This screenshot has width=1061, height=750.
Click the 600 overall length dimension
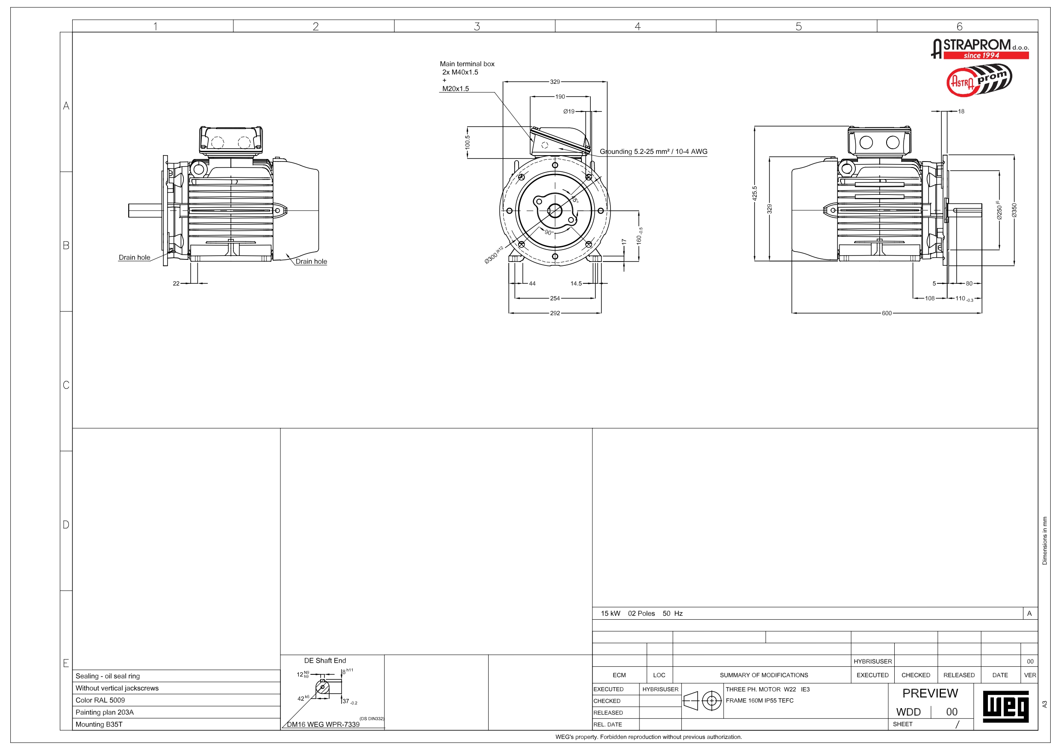point(886,313)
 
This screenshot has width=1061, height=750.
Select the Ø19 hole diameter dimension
point(569,112)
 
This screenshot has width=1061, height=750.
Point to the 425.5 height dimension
point(754,193)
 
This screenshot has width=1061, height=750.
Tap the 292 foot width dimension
point(554,313)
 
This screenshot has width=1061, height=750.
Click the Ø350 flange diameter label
point(1014,210)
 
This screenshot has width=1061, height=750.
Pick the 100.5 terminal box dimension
point(467,142)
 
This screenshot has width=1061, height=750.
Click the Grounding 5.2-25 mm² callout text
point(654,152)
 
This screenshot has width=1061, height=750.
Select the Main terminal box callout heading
point(467,64)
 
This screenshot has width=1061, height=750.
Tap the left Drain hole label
point(135,257)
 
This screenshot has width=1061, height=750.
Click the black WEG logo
point(1005,706)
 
